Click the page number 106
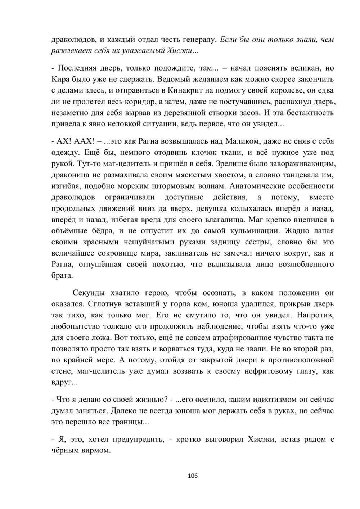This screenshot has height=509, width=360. point(193,476)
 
